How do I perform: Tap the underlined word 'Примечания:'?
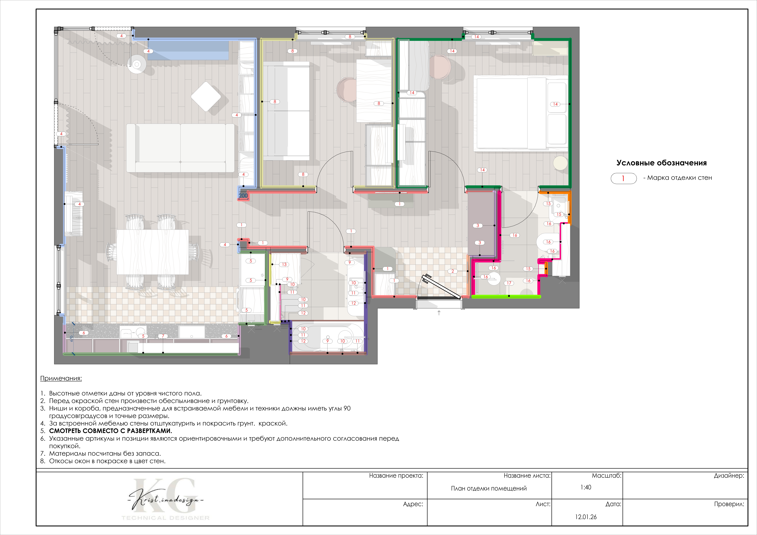pyautogui.click(x=61, y=378)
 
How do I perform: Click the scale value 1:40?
pyautogui.click(x=586, y=487)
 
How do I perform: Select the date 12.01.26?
pyautogui.click(x=586, y=517)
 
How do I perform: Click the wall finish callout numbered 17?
pyautogui.click(x=509, y=283)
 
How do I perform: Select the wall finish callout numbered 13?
pyautogui.click(x=284, y=265)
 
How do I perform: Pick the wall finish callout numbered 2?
pyautogui.click(x=453, y=271)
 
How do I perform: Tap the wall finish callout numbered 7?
pyautogui.click(x=163, y=336)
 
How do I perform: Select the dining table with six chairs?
pyautogui.click(x=153, y=252)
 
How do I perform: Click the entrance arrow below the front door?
pyautogui.click(x=439, y=313)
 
